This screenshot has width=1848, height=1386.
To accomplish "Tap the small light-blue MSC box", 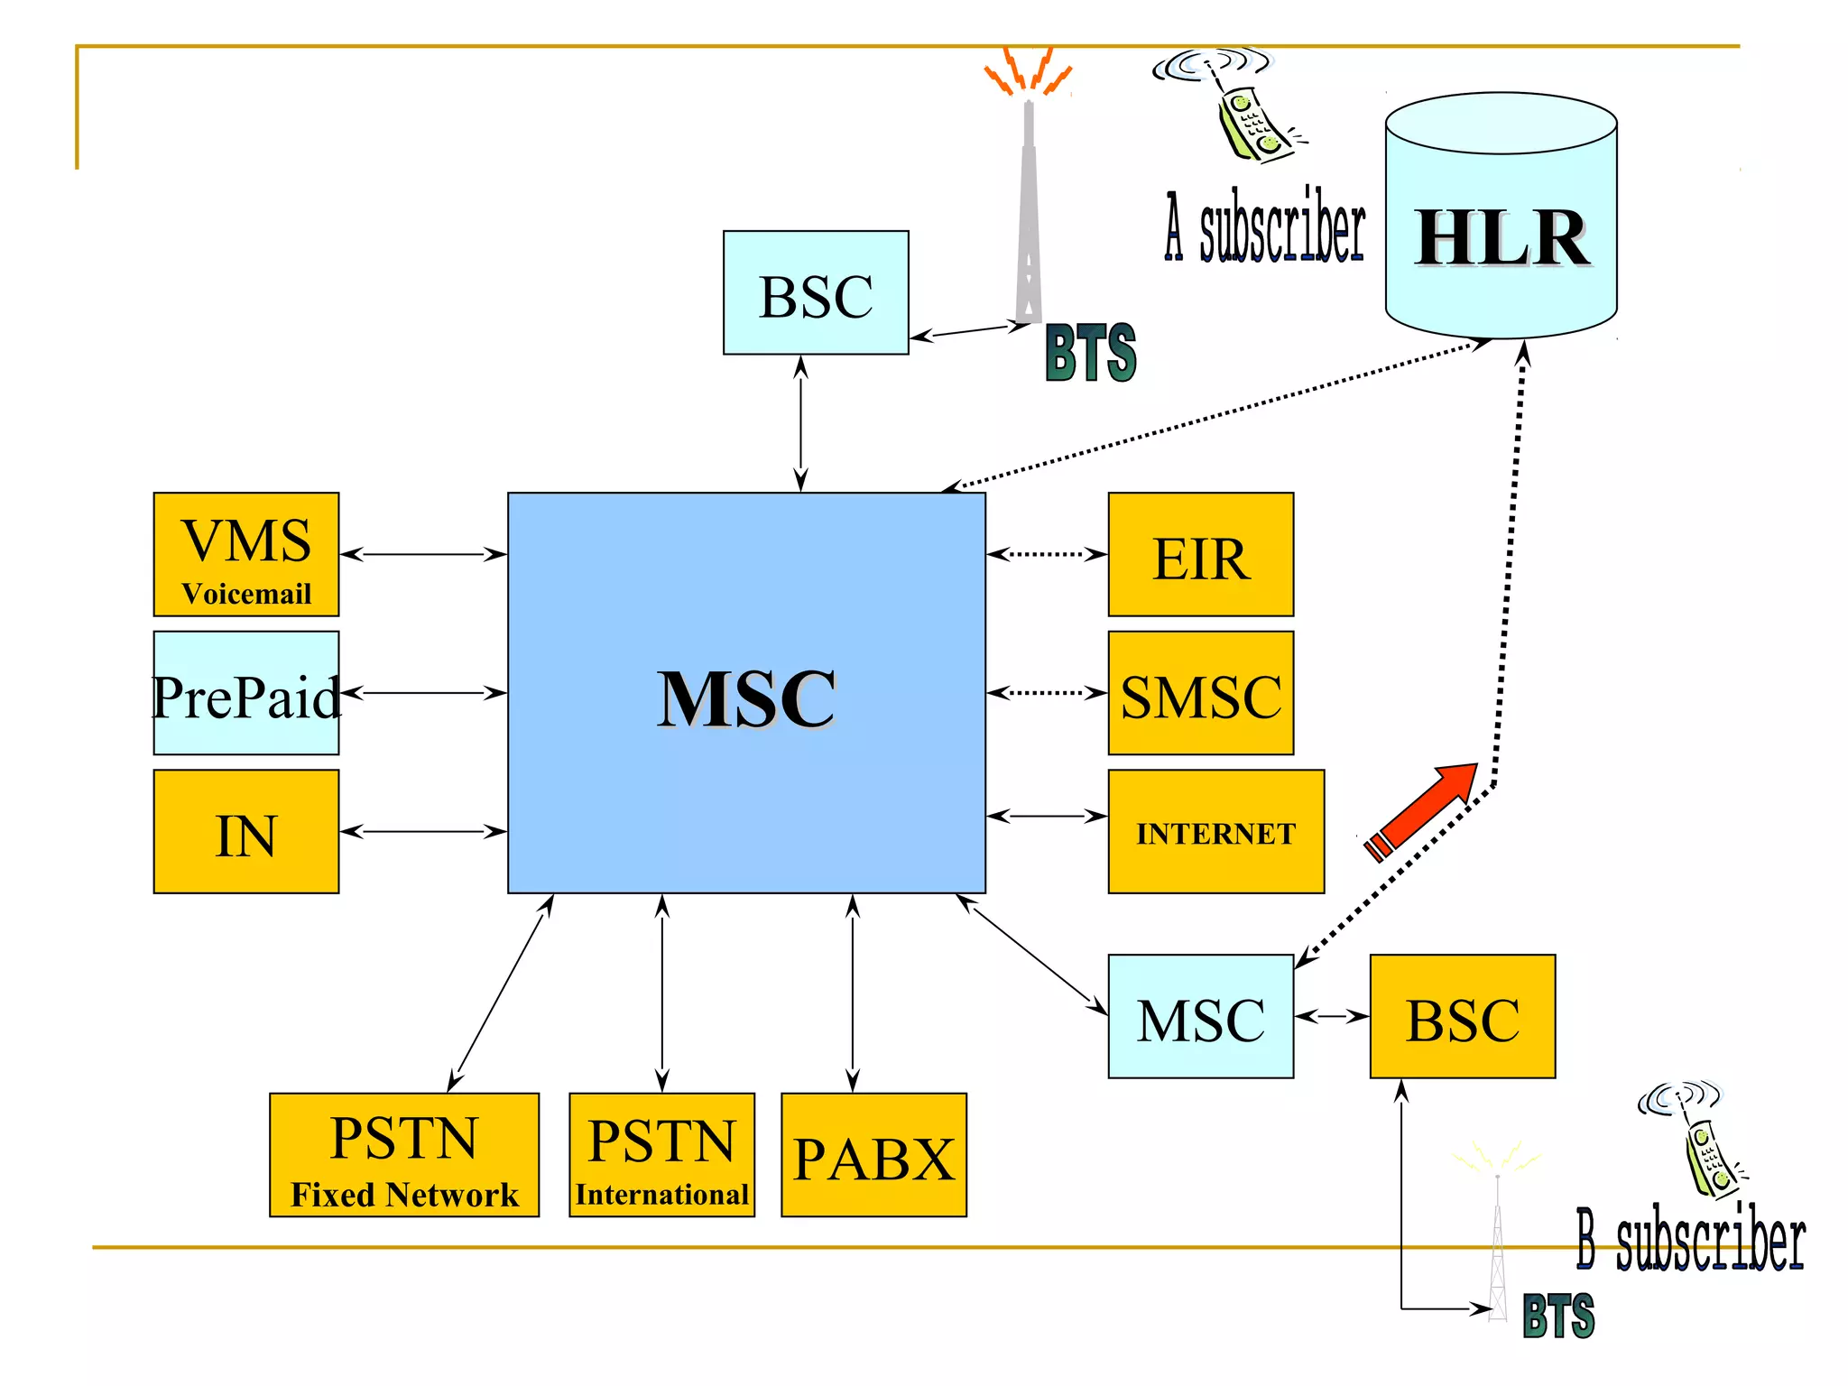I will tap(1200, 1017).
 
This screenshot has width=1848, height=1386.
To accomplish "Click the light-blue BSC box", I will tap(816, 292).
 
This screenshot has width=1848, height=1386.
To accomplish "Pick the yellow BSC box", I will tap(1462, 1017).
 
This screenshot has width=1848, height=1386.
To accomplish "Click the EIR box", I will tap(1200, 554).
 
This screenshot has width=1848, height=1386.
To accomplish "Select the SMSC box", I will tap(1200, 693).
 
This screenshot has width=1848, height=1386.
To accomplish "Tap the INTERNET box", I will tap(1215, 832).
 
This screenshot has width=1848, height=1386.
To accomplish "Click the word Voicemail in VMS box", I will tap(246, 594).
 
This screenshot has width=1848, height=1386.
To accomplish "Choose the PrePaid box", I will tap(246, 693).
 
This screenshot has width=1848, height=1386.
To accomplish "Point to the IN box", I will tap(246, 832).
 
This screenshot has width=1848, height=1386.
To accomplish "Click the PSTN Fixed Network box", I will tap(404, 1155).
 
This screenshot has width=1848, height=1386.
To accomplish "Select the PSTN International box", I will tap(661, 1155).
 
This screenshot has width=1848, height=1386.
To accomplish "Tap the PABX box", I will tap(873, 1155).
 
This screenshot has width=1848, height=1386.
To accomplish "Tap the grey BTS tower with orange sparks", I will tap(1029, 208).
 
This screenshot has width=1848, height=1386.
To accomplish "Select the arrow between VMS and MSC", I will tap(423, 554).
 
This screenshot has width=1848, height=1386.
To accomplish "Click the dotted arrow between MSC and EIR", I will tap(1047, 554).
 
